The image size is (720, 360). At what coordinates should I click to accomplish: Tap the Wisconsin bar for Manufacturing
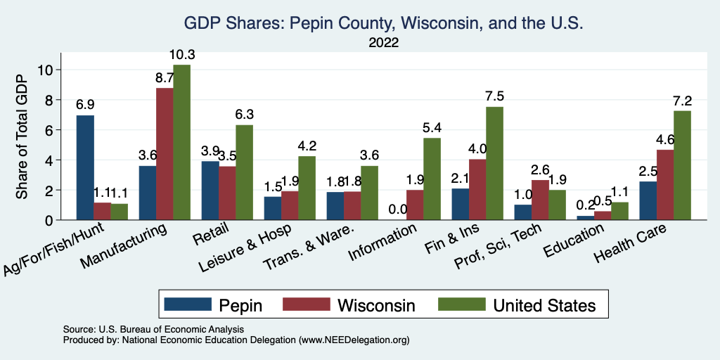tap(165, 154)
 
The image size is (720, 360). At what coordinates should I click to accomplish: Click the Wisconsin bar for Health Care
tap(664, 185)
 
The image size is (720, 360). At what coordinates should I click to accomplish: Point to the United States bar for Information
tap(432, 179)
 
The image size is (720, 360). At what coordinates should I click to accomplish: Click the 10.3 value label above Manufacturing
tap(181, 55)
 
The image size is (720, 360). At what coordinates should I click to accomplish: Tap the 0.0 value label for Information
tap(397, 210)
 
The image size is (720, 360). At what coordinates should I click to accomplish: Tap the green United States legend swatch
tap(461, 304)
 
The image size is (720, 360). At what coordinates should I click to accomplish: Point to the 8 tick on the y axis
tap(49, 100)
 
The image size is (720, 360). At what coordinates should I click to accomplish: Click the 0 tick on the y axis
tap(49, 220)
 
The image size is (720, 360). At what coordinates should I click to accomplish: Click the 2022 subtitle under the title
tap(383, 43)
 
